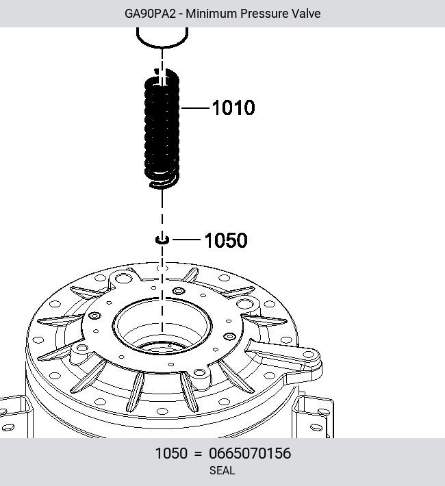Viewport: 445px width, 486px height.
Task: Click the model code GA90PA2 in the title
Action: pos(150,14)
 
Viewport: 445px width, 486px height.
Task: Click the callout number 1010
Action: pos(233,108)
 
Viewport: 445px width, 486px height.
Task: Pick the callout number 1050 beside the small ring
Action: pos(226,240)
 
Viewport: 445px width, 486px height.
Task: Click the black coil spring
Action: pos(162,129)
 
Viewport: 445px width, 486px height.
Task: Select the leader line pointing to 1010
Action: pos(195,108)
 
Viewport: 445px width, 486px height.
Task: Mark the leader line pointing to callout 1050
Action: pos(187,240)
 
